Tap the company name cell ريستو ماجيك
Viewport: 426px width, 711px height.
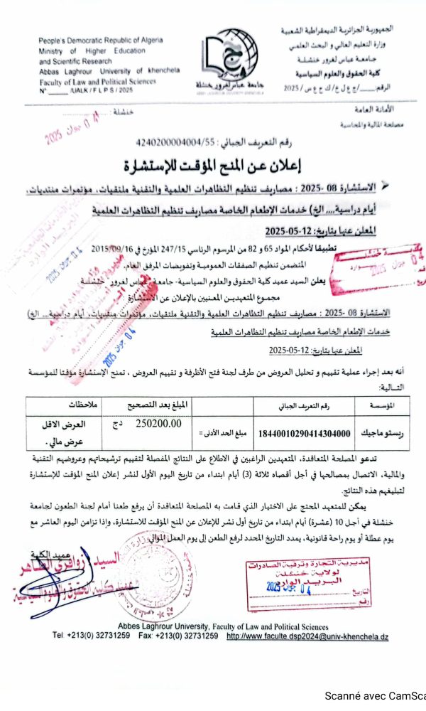tap(382, 432)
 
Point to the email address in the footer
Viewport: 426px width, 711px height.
tap(307, 635)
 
